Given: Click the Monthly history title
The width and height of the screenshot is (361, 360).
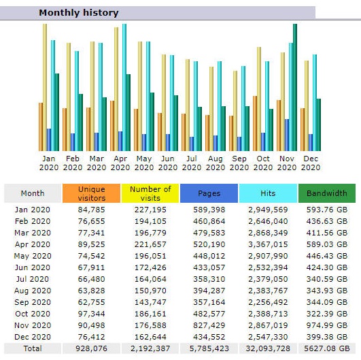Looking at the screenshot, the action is point(79,13).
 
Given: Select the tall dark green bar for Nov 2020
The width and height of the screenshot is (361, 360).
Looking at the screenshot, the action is point(295,87).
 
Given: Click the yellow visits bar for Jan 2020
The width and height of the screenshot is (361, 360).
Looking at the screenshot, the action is point(45,87).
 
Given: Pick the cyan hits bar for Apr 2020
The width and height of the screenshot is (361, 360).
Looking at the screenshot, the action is point(124,87).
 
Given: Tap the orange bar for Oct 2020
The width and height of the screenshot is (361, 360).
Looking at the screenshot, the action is point(255,124).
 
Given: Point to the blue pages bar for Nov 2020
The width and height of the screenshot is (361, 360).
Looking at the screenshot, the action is point(287,135).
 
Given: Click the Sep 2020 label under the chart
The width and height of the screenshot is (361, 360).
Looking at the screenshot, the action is point(239,163).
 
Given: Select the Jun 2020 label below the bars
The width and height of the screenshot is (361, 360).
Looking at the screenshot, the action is point(168,163).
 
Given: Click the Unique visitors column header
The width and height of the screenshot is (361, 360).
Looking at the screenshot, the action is point(91,193).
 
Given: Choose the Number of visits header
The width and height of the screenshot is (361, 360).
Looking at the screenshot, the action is point(150,193).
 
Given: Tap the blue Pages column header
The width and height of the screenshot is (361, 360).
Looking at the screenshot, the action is point(209,193).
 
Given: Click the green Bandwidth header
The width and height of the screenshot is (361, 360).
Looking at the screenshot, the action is point(327,193).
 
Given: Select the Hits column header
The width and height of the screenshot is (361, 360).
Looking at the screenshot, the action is point(268,193).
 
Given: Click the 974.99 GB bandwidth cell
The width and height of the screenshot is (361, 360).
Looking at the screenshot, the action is point(327,325).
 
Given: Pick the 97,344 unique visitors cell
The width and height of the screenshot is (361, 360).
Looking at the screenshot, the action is point(91,314).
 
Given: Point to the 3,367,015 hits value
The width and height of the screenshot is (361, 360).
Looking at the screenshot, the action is point(268,244).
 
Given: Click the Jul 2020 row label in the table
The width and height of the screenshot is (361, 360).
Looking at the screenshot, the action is point(33,279).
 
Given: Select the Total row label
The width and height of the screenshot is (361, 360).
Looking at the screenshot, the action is point(33,348).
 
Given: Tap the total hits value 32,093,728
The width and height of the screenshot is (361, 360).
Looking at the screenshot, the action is point(268,348).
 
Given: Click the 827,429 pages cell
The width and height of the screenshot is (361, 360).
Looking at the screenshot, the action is point(209,325).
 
